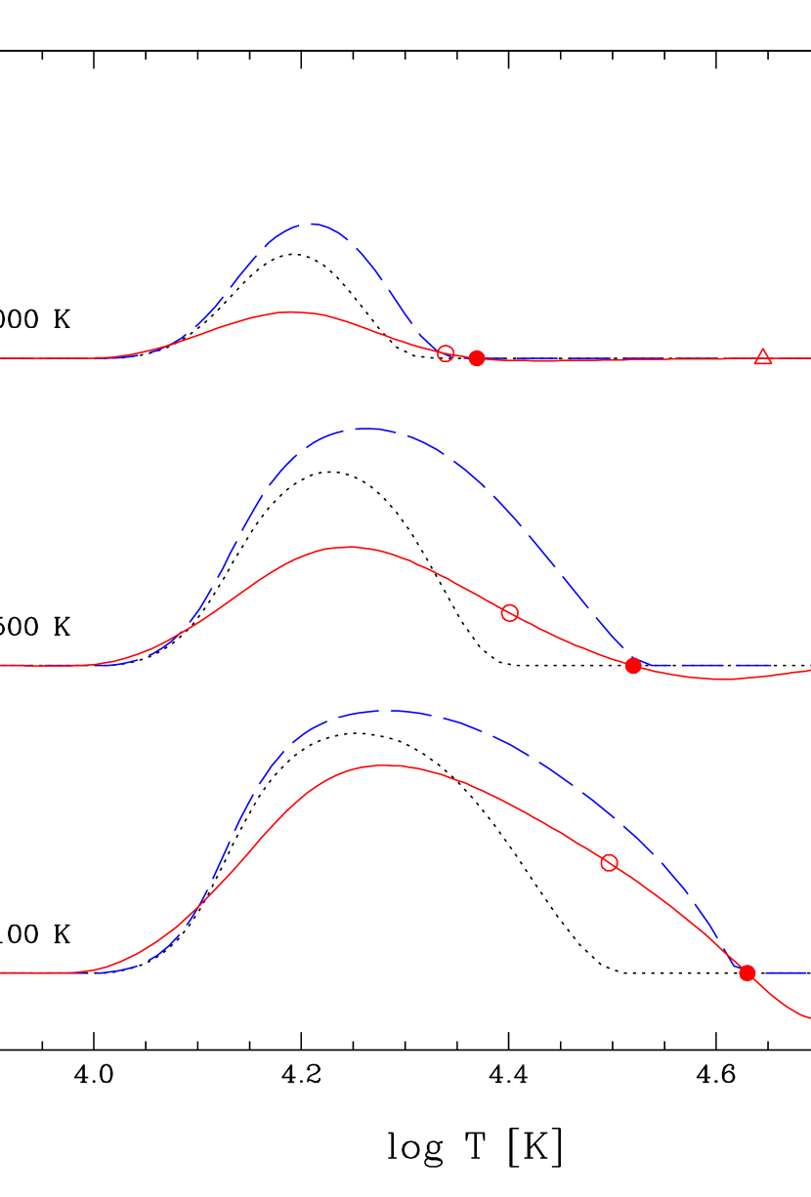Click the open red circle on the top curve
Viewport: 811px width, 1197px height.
[446, 353]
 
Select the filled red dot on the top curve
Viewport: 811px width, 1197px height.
[477, 358]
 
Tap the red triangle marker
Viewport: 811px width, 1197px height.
[763, 357]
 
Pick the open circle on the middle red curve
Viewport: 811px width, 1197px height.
[510, 613]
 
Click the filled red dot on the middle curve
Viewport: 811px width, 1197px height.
[633, 666]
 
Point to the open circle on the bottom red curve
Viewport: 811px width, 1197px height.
[610, 863]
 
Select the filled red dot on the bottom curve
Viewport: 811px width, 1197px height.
[747, 973]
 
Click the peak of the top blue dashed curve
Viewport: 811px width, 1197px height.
[312, 224]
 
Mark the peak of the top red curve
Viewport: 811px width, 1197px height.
[291, 312]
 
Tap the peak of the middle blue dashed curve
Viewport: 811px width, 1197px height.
[363, 429]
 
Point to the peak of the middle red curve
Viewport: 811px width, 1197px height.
[348, 547]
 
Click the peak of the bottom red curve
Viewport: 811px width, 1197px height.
[383, 765]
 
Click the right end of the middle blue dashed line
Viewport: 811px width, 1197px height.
[772, 666]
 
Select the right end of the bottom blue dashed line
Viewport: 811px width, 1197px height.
[807, 973]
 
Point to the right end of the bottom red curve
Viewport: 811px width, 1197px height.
[809, 1018]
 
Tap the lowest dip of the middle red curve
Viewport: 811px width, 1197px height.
[725, 679]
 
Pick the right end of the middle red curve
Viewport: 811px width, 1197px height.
[809, 670]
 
